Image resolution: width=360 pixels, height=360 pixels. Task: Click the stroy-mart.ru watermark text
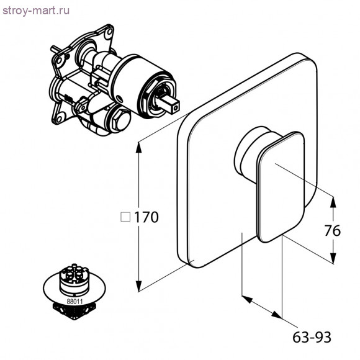click(x=36, y=11)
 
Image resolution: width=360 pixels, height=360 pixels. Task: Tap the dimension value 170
click(x=146, y=217)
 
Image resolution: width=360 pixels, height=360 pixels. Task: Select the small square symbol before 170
click(x=125, y=217)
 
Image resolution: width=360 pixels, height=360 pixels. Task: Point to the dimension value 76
click(x=333, y=230)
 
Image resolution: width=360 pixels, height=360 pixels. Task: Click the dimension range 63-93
click(x=312, y=337)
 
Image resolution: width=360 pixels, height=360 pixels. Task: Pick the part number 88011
click(x=74, y=302)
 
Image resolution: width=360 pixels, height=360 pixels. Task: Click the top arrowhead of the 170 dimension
click(x=138, y=147)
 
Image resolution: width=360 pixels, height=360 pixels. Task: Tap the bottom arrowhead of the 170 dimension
click(x=138, y=286)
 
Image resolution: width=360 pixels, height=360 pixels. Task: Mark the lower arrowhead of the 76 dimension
click(x=333, y=258)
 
